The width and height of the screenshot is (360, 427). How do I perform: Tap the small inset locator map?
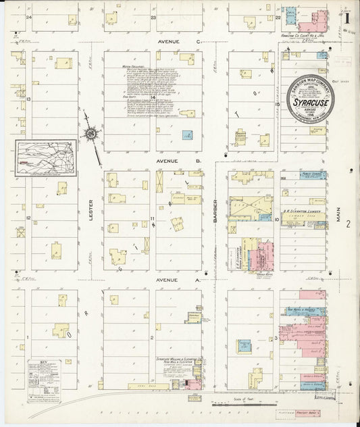(46, 158)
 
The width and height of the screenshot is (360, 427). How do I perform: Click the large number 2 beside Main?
(348, 224)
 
